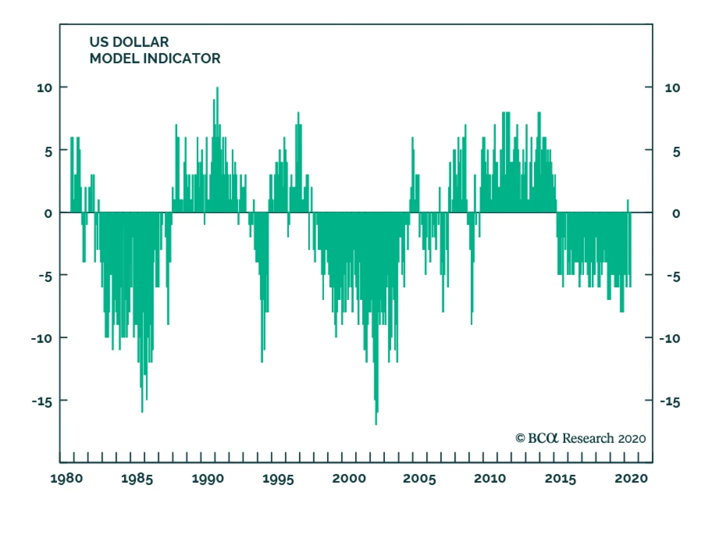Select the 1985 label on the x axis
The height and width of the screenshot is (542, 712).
tap(137, 479)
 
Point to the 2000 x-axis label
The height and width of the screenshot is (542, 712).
tap(349, 479)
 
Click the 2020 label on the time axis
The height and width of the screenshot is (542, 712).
tap(631, 479)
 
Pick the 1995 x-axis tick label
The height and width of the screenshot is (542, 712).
tap(278, 479)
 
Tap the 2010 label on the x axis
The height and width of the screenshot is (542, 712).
tap(490, 479)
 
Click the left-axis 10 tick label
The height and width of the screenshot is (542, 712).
tap(44, 88)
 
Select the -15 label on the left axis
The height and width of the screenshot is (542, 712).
tap(42, 402)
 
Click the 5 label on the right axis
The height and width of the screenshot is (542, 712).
tap(676, 152)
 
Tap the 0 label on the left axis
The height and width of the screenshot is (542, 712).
tap(48, 214)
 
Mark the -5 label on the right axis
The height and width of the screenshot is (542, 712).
tap(673, 277)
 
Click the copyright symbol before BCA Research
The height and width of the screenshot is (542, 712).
tap(520, 438)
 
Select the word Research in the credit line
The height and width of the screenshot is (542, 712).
tap(588, 438)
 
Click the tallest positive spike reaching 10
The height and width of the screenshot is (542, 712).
tap(217, 89)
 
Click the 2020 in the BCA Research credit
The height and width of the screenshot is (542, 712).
tap(632, 439)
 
